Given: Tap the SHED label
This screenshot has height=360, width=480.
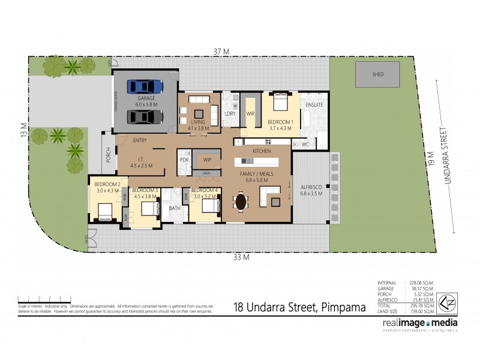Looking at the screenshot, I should point(377,74).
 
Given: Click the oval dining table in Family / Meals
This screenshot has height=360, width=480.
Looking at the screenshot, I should point(241,202).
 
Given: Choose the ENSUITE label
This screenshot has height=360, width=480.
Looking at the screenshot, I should point(314,105).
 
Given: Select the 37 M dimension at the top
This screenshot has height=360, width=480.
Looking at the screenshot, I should point(222,52).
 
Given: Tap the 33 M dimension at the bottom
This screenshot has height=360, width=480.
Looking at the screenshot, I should point(242,258).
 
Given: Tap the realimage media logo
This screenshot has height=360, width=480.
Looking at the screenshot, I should point(419,325).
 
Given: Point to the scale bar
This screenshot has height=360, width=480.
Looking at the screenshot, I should point(45,299).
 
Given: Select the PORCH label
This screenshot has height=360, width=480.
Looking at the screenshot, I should point(108,156).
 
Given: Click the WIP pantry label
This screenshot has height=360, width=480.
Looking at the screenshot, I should point(208,160).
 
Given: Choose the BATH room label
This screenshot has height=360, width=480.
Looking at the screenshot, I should point(174,208).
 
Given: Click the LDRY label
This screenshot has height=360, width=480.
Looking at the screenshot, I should point(229,113).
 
